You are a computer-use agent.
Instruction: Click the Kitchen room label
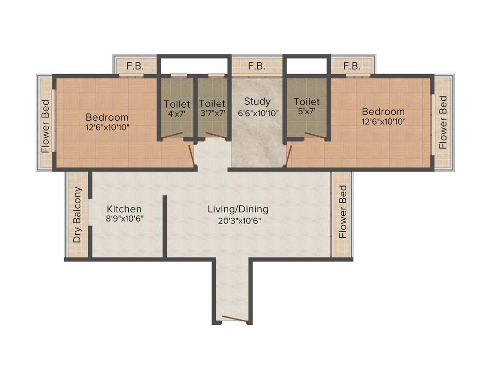(x=124, y=209)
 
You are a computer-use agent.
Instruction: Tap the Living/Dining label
(x=238, y=209)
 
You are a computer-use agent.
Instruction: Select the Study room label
(x=257, y=102)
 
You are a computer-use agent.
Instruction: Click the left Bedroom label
(x=107, y=117)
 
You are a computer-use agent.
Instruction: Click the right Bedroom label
(x=383, y=112)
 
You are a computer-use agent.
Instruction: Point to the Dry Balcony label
(x=77, y=215)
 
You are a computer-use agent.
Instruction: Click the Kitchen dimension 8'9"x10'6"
(x=124, y=219)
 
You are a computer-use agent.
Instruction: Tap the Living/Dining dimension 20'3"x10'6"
(x=238, y=220)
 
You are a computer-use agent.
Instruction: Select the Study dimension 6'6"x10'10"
(x=257, y=112)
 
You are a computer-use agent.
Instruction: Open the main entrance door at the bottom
(x=232, y=320)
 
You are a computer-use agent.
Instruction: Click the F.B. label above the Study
(x=256, y=66)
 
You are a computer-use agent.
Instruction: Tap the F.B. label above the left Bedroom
(x=135, y=66)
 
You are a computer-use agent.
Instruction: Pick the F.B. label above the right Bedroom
(x=352, y=66)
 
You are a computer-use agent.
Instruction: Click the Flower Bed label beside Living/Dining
(x=343, y=212)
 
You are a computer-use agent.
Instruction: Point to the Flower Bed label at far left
(x=45, y=126)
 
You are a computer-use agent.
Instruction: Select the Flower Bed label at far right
(x=443, y=122)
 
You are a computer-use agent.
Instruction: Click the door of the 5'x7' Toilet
(x=315, y=135)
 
